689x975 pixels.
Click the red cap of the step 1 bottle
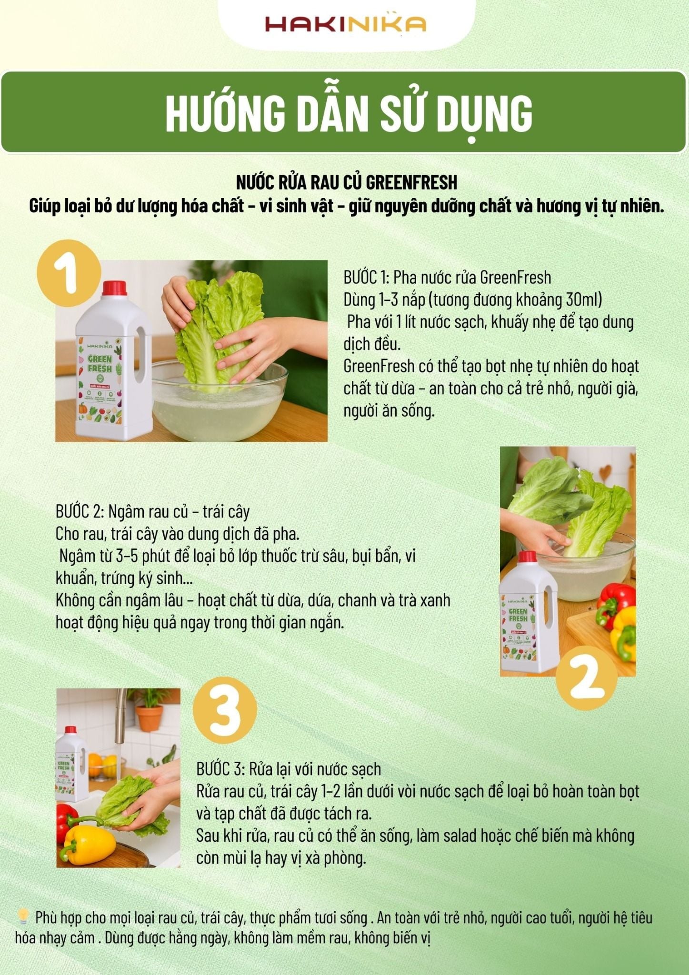point(114,288)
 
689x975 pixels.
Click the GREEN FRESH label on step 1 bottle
point(100,364)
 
